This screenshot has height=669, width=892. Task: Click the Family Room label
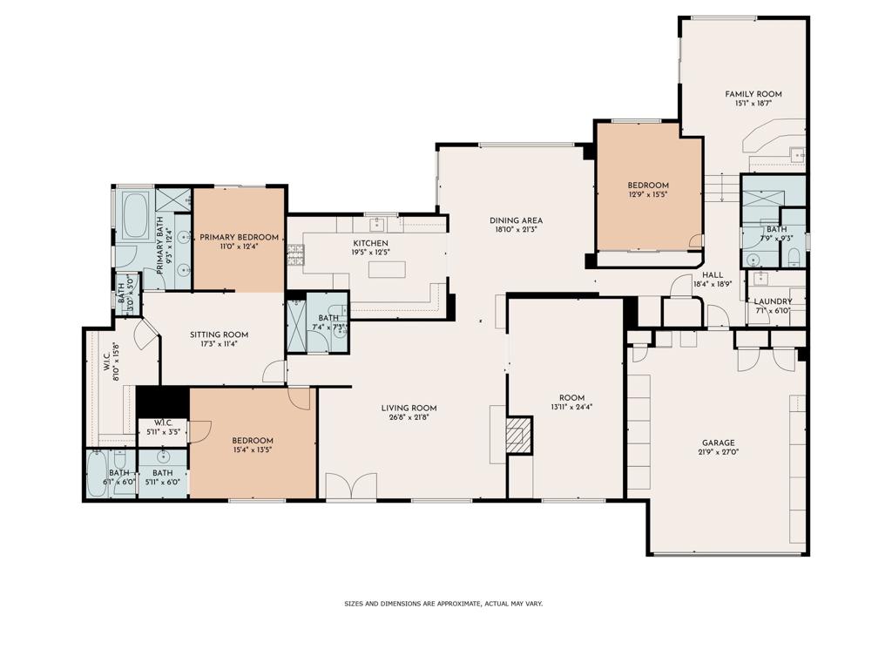click(753, 94)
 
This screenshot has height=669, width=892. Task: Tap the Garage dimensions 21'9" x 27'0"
click(719, 453)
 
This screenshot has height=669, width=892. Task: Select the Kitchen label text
click(370, 243)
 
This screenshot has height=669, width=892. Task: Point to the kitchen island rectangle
click(387, 269)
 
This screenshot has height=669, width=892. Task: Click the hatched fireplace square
click(519, 435)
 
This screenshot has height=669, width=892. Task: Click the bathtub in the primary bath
click(135, 216)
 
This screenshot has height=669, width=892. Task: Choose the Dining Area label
click(516, 220)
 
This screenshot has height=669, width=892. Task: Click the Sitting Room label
click(219, 334)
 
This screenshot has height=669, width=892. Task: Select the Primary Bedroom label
click(239, 237)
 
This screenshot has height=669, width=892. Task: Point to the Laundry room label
click(774, 301)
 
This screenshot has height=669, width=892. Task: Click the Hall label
click(713, 274)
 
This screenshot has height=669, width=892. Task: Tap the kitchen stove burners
click(296, 255)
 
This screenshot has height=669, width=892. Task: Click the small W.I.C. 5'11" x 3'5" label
click(163, 427)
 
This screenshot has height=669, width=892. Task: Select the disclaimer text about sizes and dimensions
click(443, 604)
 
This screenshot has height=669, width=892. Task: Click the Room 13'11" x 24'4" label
click(571, 402)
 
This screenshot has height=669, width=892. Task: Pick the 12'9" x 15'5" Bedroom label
click(648, 189)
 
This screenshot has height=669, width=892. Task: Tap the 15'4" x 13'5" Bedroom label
click(253, 445)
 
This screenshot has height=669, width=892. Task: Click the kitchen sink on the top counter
click(377, 224)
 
